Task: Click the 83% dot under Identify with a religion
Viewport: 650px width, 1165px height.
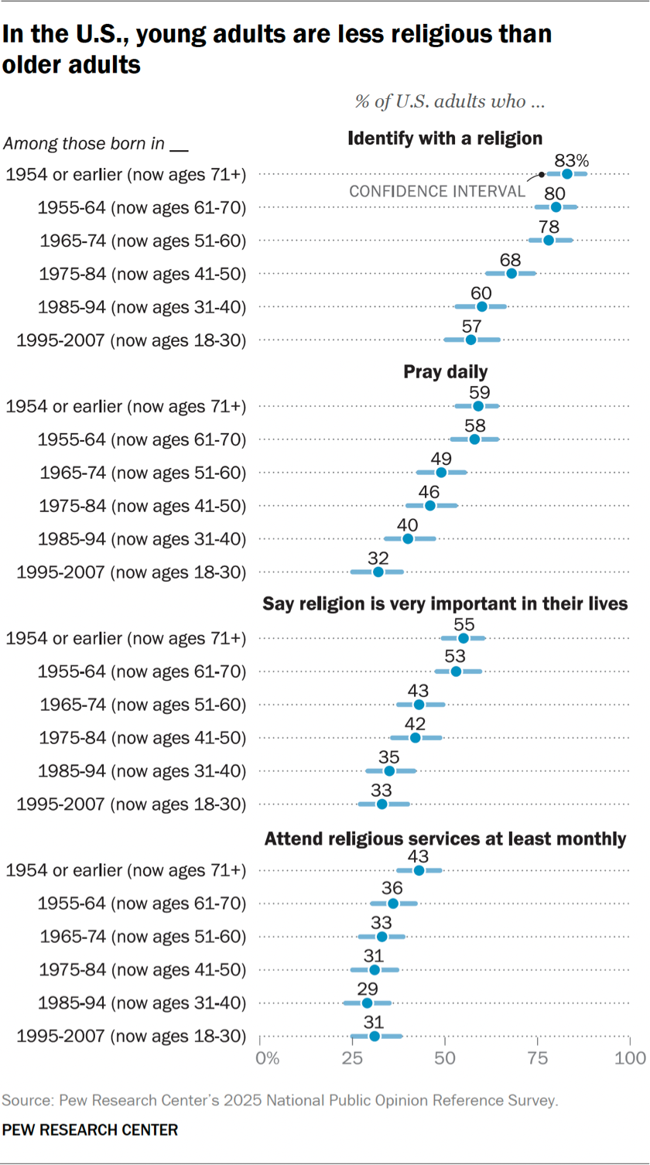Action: (x=567, y=174)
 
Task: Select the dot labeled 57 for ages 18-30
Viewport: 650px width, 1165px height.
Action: (x=470, y=340)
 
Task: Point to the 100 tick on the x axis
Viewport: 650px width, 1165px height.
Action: (x=629, y=1057)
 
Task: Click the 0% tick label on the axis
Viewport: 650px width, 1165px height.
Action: (x=267, y=1057)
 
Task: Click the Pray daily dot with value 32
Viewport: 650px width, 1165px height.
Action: (x=378, y=572)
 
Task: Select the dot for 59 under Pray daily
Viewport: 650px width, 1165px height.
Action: (x=478, y=406)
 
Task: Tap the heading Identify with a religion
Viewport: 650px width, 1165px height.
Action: (x=445, y=139)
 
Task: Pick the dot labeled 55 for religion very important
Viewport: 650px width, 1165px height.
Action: (x=464, y=638)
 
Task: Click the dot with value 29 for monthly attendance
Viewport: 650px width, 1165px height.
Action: (x=367, y=1003)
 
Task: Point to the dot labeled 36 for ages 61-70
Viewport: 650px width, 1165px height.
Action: (x=393, y=904)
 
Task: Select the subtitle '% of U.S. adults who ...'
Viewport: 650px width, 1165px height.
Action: (x=450, y=101)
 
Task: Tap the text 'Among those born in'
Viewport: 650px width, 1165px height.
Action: (x=87, y=144)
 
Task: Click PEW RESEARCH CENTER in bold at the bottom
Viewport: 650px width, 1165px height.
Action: (x=90, y=1130)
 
